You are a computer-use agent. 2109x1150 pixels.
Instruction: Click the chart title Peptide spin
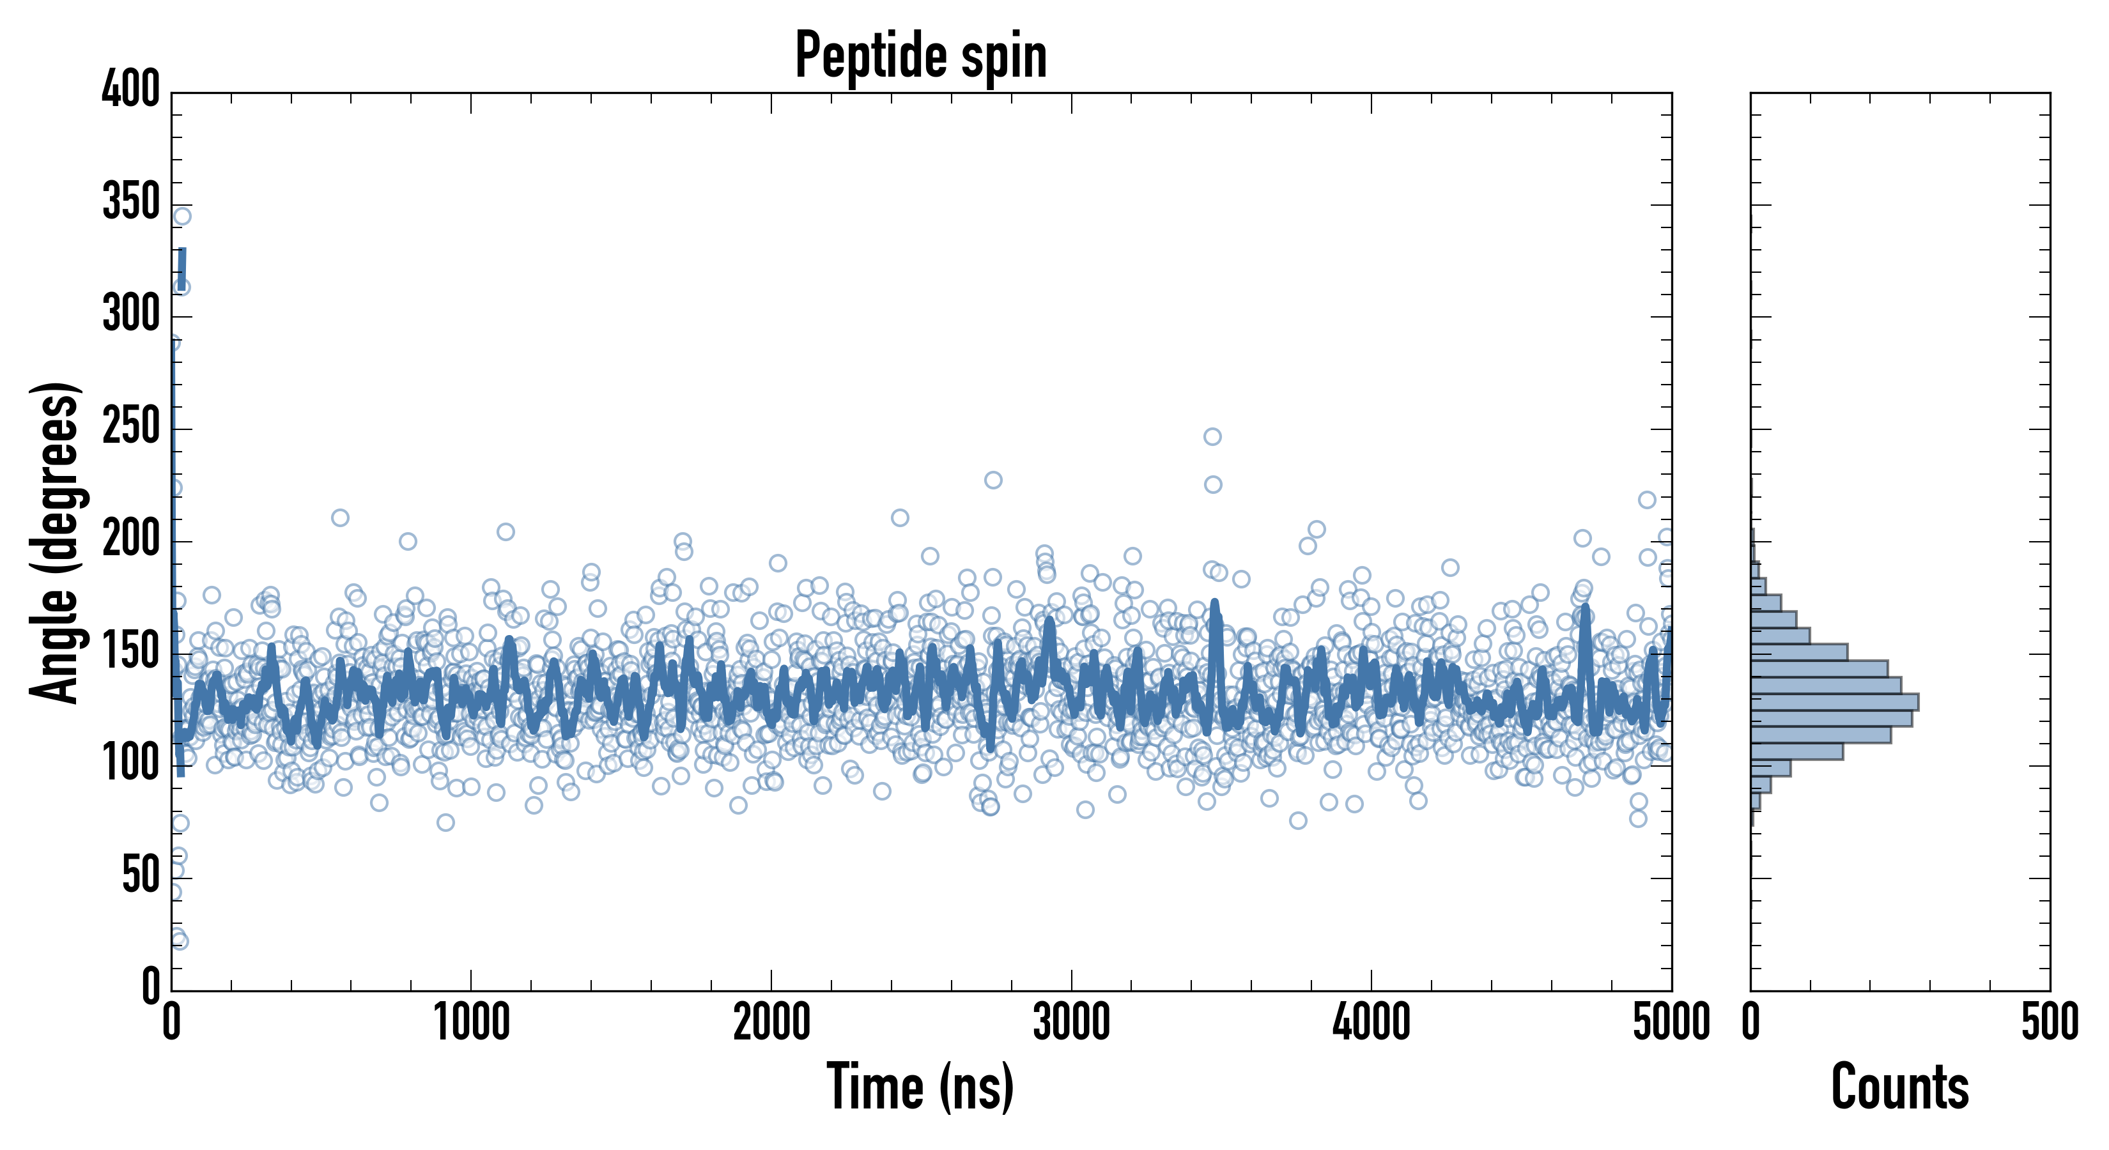pos(921,56)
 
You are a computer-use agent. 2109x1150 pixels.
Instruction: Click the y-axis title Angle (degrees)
pos(56,542)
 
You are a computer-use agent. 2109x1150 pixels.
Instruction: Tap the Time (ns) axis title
pos(921,1086)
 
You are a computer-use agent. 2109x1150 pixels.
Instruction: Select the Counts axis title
pos(1900,1086)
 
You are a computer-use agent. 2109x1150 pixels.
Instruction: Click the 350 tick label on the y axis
pos(131,201)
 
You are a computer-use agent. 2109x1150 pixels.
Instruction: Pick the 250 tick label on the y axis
pos(131,426)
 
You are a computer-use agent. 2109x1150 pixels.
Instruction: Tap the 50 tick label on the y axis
pos(141,875)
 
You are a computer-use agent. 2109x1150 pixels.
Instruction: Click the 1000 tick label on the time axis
pos(472,1022)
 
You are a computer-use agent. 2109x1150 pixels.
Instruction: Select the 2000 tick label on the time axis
pos(771,1022)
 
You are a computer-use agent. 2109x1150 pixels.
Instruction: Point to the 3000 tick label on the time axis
pos(1071,1022)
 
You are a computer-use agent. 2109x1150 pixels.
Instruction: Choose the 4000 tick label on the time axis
pos(1371,1022)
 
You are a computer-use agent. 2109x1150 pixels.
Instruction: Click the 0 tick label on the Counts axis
pos(1751,1022)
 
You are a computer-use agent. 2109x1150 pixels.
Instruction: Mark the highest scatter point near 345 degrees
pos(183,216)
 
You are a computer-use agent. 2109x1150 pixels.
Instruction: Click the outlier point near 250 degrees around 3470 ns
pos(1212,436)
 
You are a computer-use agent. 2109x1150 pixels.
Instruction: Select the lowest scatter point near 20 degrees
pos(180,941)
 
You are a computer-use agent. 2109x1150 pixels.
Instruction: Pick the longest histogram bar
pos(1835,702)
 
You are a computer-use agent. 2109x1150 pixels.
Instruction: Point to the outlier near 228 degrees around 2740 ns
pos(993,480)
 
